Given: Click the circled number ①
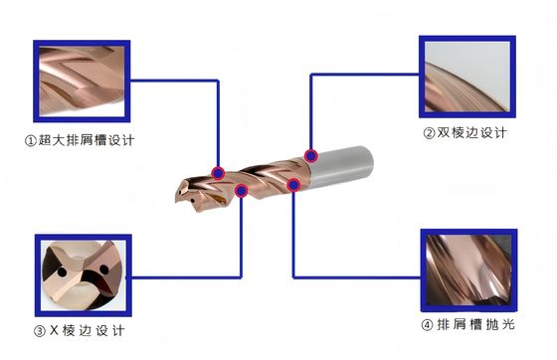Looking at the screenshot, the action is point(29,140).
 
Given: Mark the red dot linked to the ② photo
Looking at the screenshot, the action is point(312,155).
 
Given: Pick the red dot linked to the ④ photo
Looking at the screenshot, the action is point(293,184).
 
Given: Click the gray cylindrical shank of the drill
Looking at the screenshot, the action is point(343,163).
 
